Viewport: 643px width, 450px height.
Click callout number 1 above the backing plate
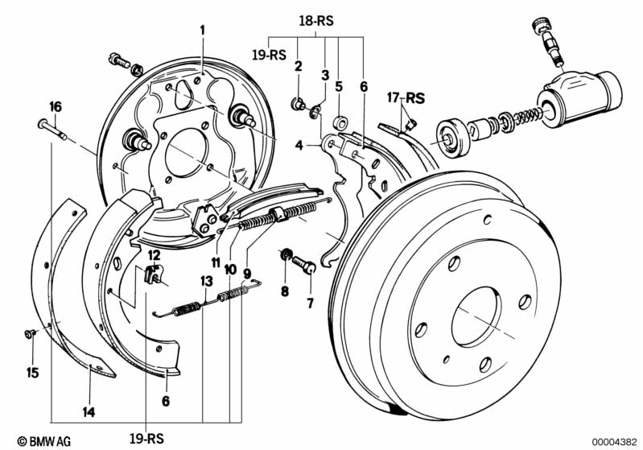click(203, 30)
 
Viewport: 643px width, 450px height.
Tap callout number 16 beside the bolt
click(55, 106)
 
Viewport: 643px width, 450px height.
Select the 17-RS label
click(405, 98)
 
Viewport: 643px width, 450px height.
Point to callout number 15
click(32, 372)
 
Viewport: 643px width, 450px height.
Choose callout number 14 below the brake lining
click(89, 412)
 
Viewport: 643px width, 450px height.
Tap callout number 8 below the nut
click(284, 292)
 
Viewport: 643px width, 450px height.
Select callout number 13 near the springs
click(206, 281)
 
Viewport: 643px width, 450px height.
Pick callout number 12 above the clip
click(155, 255)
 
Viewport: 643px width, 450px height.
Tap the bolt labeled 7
click(303, 264)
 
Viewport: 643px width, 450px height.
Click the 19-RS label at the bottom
click(146, 438)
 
